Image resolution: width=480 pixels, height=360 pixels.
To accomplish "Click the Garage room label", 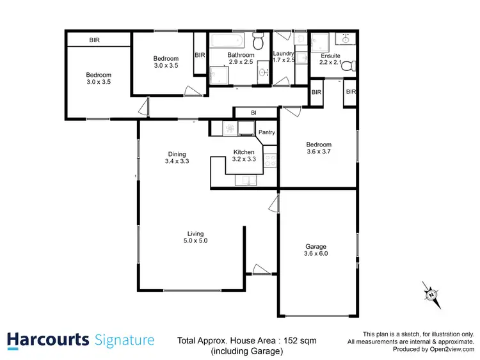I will [x=316, y=246].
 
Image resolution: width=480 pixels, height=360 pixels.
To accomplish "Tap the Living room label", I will [x=195, y=233].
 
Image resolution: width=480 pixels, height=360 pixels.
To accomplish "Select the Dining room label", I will [x=177, y=153].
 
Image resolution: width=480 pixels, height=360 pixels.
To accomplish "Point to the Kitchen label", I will [x=244, y=152].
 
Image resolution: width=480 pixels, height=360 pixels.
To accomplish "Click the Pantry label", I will [x=267, y=132].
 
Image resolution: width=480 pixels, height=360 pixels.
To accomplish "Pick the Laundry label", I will [x=283, y=54].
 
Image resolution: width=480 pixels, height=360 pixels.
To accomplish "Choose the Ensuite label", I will [x=330, y=56].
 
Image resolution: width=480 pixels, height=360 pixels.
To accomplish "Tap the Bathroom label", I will [x=241, y=56].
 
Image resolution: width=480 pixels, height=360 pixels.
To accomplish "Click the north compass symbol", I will [x=431, y=294].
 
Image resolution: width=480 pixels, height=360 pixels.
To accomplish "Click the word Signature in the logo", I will [x=124, y=340].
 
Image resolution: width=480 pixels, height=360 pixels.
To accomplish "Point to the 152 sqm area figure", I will [x=300, y=340].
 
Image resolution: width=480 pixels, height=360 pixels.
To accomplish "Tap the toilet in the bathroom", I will [x=258, y=42].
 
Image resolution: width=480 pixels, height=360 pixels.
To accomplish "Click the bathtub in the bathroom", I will [x=227, y=40].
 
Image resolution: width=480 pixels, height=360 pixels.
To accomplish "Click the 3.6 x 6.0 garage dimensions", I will [x=316, y=254].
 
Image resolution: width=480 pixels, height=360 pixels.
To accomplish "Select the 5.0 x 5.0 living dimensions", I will [x=195, y=241].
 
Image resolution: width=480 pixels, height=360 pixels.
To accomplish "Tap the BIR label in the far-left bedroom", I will [x=95, y=40].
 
